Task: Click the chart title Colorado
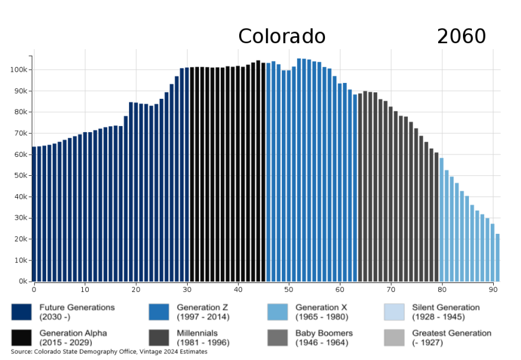pos(282,37)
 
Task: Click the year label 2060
pos(461,37)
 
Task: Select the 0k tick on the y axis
pos(21,281)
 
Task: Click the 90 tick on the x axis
pos(493,290)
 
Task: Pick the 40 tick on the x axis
pos(238,290)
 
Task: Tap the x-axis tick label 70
pos(391,290)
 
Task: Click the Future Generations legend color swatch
pos(21,311)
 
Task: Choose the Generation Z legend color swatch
pos(159,311)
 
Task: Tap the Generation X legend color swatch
pos(278,311)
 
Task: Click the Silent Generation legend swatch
pos(394,311)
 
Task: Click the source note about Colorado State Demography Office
pos(109,352)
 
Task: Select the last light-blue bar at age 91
pos(498,258)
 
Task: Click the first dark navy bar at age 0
pos(34,214)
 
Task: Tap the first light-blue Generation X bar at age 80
pos(442,220)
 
